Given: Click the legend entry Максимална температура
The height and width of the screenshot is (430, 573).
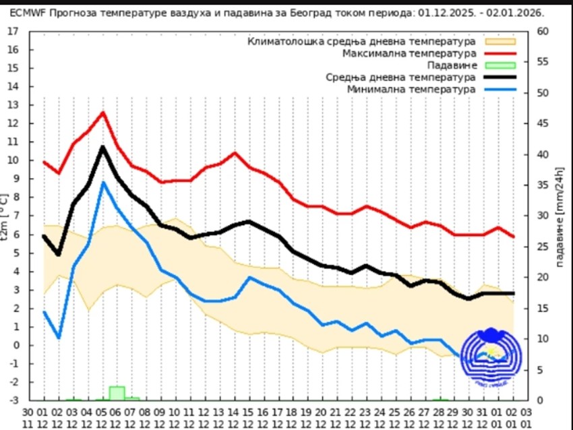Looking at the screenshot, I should click(x=409, y=53).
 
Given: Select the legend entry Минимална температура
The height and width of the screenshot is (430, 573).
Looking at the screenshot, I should click(x=411, y=89).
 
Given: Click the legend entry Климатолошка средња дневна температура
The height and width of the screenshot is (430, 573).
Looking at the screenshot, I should click(x=362, y=42).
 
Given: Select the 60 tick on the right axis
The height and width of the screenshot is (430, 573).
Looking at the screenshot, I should click(x=543, y=31).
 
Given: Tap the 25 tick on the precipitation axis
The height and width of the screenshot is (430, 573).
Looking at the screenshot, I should click(x=543, y=247).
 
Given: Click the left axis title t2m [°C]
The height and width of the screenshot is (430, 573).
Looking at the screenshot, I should click(x=6, y=216).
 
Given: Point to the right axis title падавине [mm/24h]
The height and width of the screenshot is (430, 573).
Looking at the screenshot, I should click(x=560, y=216).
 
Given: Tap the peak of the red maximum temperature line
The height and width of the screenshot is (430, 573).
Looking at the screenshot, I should click(x=103, y=113).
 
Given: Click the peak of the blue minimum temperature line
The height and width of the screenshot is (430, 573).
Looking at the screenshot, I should click(x=103, y=182).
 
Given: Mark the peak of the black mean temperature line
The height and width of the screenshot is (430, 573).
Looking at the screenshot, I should click(x=103, y=147).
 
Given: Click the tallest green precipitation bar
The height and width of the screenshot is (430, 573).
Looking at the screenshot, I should click(x=117, y=393).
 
